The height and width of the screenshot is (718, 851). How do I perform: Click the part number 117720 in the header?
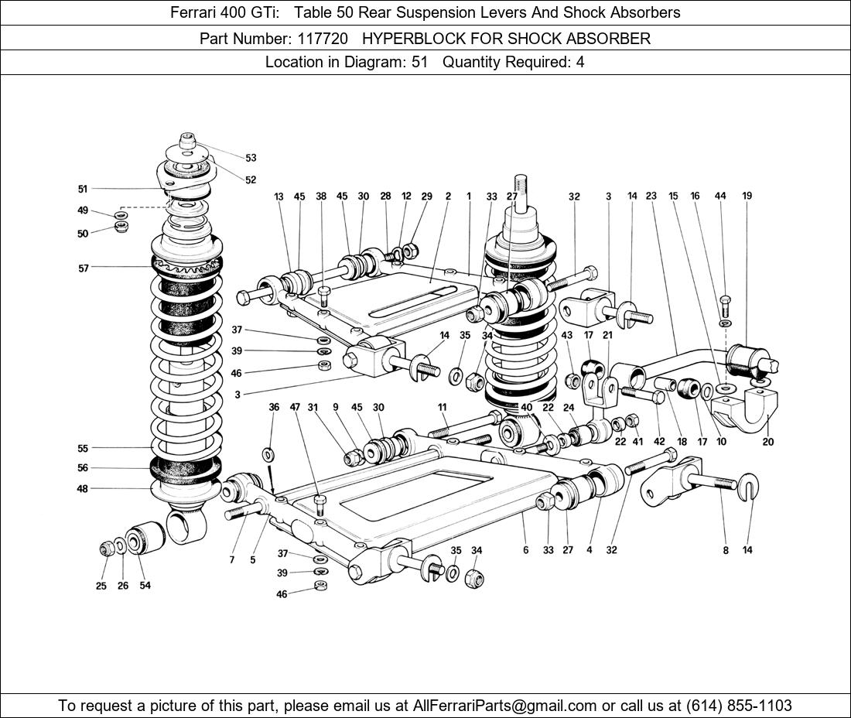322,38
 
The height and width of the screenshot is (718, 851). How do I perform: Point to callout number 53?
251,158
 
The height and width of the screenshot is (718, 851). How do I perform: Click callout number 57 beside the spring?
83,268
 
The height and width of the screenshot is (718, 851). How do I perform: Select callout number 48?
82,488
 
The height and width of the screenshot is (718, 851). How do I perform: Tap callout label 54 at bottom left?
145,586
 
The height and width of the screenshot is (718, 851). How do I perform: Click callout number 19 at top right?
747,197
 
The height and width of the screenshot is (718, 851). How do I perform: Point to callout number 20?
767,442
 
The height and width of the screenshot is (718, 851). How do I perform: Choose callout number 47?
295,407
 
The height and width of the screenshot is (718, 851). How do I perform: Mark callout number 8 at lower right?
726,550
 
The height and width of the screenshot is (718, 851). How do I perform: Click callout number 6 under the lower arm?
525,550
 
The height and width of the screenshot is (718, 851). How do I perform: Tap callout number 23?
651,197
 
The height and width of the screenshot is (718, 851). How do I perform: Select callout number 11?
442,407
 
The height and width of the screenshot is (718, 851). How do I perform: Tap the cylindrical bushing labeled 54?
145,539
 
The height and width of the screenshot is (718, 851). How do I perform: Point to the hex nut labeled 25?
107,549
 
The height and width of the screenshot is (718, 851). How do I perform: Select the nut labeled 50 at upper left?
121,226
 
